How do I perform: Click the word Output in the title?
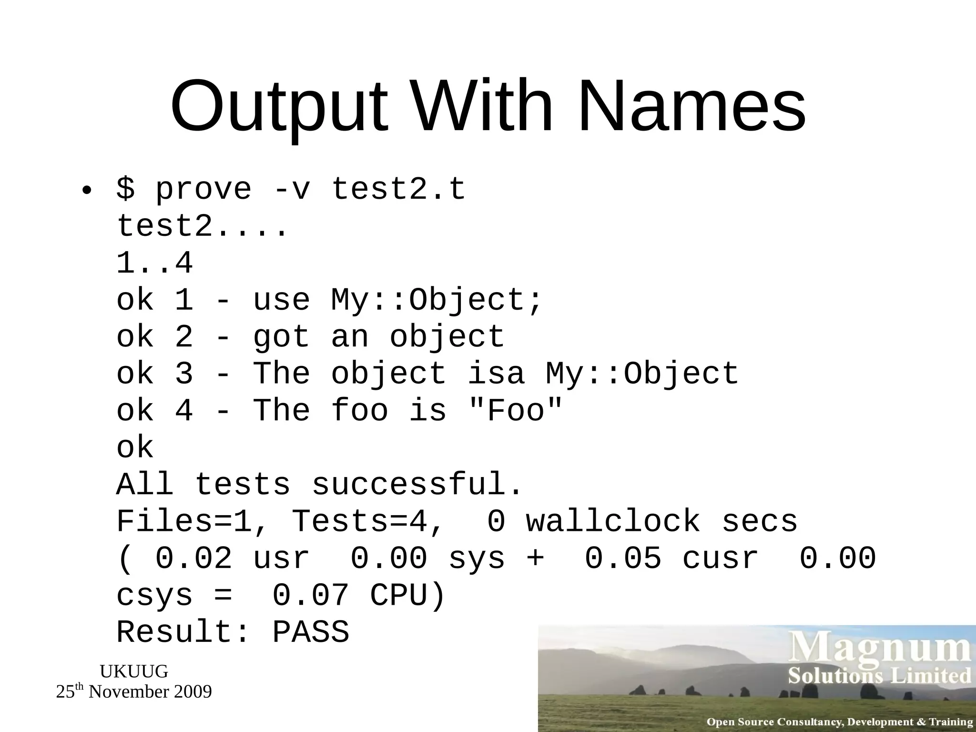pyautogui.click(x=279, y=107)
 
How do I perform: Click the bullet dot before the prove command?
pyautogui.click(x=86, y=191)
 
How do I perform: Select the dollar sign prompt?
pyautogui.click(x=125, y=189)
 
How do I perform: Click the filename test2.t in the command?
pyautogui.click(x=398, y=189)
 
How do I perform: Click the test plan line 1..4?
pyautogui.click(x=154, y=263)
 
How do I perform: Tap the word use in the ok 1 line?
pyautogui.click(x=281, y=300)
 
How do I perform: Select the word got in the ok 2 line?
pyautogui.click(x=281, y=337)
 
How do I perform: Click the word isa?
pyautogui.click(x=496, y=374)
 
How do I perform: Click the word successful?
pyautogui.click(x=417, y=485)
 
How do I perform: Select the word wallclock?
pyautogui.click(x=613, y=521)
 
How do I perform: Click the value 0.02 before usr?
pyautogui.click(x=194, y=559)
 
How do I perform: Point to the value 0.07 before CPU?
pyautogui.click(x=311, y=596)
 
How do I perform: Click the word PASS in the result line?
pyautogui.click(x=311, y=633)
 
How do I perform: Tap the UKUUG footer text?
pyautogui.click(x=134, y=671)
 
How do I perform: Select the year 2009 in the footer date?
pyautogui.click(x=193, y=692)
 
